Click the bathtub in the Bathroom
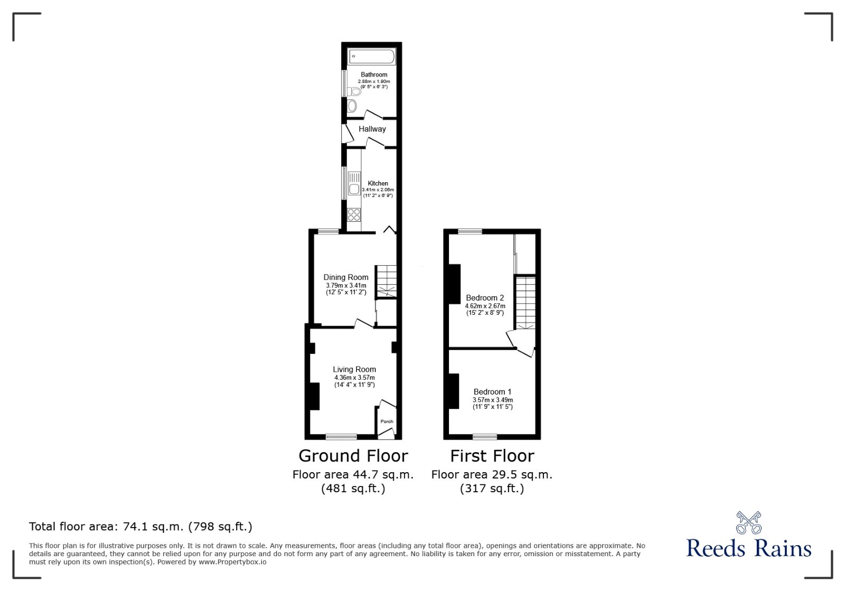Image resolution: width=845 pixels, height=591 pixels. tap(371, 56)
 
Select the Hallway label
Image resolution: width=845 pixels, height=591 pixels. tap(372, 129)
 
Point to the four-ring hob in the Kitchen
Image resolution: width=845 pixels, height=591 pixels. tap(354, 214)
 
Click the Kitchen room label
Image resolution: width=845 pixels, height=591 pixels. tap(378, 183)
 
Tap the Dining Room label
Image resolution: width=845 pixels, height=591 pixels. tap(346, 277)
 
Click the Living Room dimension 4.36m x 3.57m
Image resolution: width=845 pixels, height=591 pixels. tap(354, 378)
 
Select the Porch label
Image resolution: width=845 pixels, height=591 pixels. tap(387, 421)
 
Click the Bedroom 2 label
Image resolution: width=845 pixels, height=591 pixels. tap(485, 298)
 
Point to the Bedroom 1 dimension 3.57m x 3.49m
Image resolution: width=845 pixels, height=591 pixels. tap(492, 400)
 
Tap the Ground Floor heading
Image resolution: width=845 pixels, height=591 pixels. tap(353, 456)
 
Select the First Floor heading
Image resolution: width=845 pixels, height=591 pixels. tap(492, 456)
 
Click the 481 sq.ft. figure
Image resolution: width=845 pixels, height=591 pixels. tap(353, 489)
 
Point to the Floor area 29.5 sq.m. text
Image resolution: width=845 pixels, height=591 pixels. tap(492, 474)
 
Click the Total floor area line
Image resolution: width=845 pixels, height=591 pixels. tap(140, 527)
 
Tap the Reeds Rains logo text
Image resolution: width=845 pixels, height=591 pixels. tap(748, 548)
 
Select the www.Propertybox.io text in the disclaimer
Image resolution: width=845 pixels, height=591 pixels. tap(232, 562)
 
